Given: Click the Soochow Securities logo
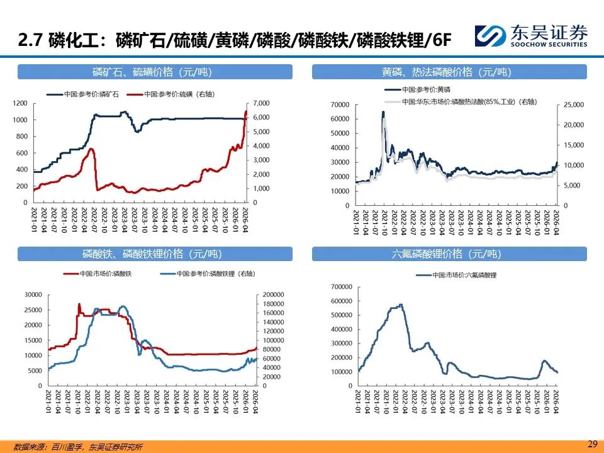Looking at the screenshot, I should [x=530, y=35].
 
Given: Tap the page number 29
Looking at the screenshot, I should [x=591, y=444].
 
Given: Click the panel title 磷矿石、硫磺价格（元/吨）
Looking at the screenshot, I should [x=155, y=72].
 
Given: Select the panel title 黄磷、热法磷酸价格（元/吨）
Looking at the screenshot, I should [x=449, y=72].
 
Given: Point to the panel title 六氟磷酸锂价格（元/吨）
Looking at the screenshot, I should [x=449, y=254].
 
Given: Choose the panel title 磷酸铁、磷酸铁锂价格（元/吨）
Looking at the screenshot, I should [x=155, y=254].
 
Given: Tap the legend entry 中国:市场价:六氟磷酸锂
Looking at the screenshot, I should [x=466, y=275].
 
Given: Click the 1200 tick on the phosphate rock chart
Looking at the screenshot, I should [x=21, y=103].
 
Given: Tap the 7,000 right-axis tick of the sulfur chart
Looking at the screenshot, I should [x=260, y=103].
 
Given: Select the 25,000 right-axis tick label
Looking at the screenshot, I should [x=573, y=104].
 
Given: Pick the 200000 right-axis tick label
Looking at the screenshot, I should [x=272, y=294].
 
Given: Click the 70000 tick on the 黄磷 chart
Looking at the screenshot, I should [x=339, y=104].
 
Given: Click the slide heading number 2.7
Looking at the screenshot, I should [x=30, y=40].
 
